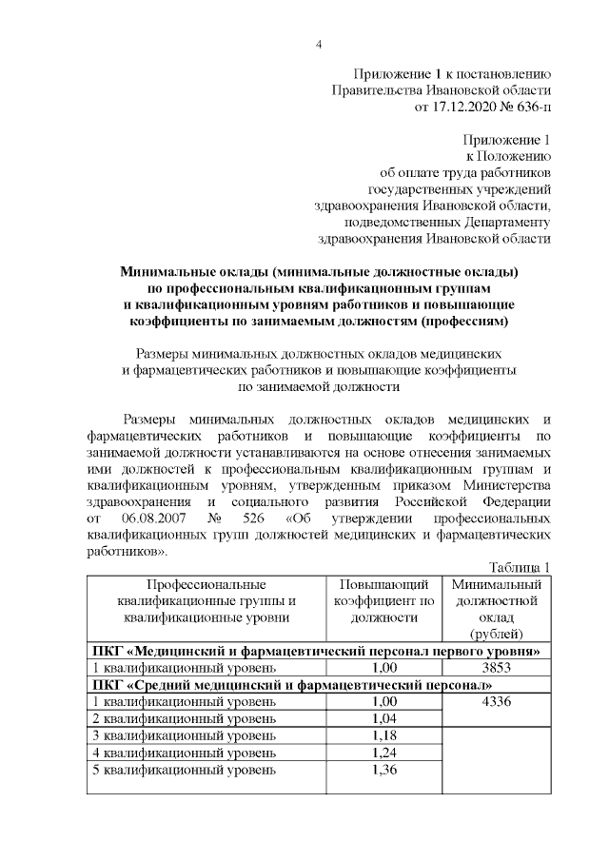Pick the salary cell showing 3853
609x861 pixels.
pos(498,668)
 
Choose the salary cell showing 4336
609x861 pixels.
pos(498,702)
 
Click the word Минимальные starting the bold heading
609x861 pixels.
pos(169,271)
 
